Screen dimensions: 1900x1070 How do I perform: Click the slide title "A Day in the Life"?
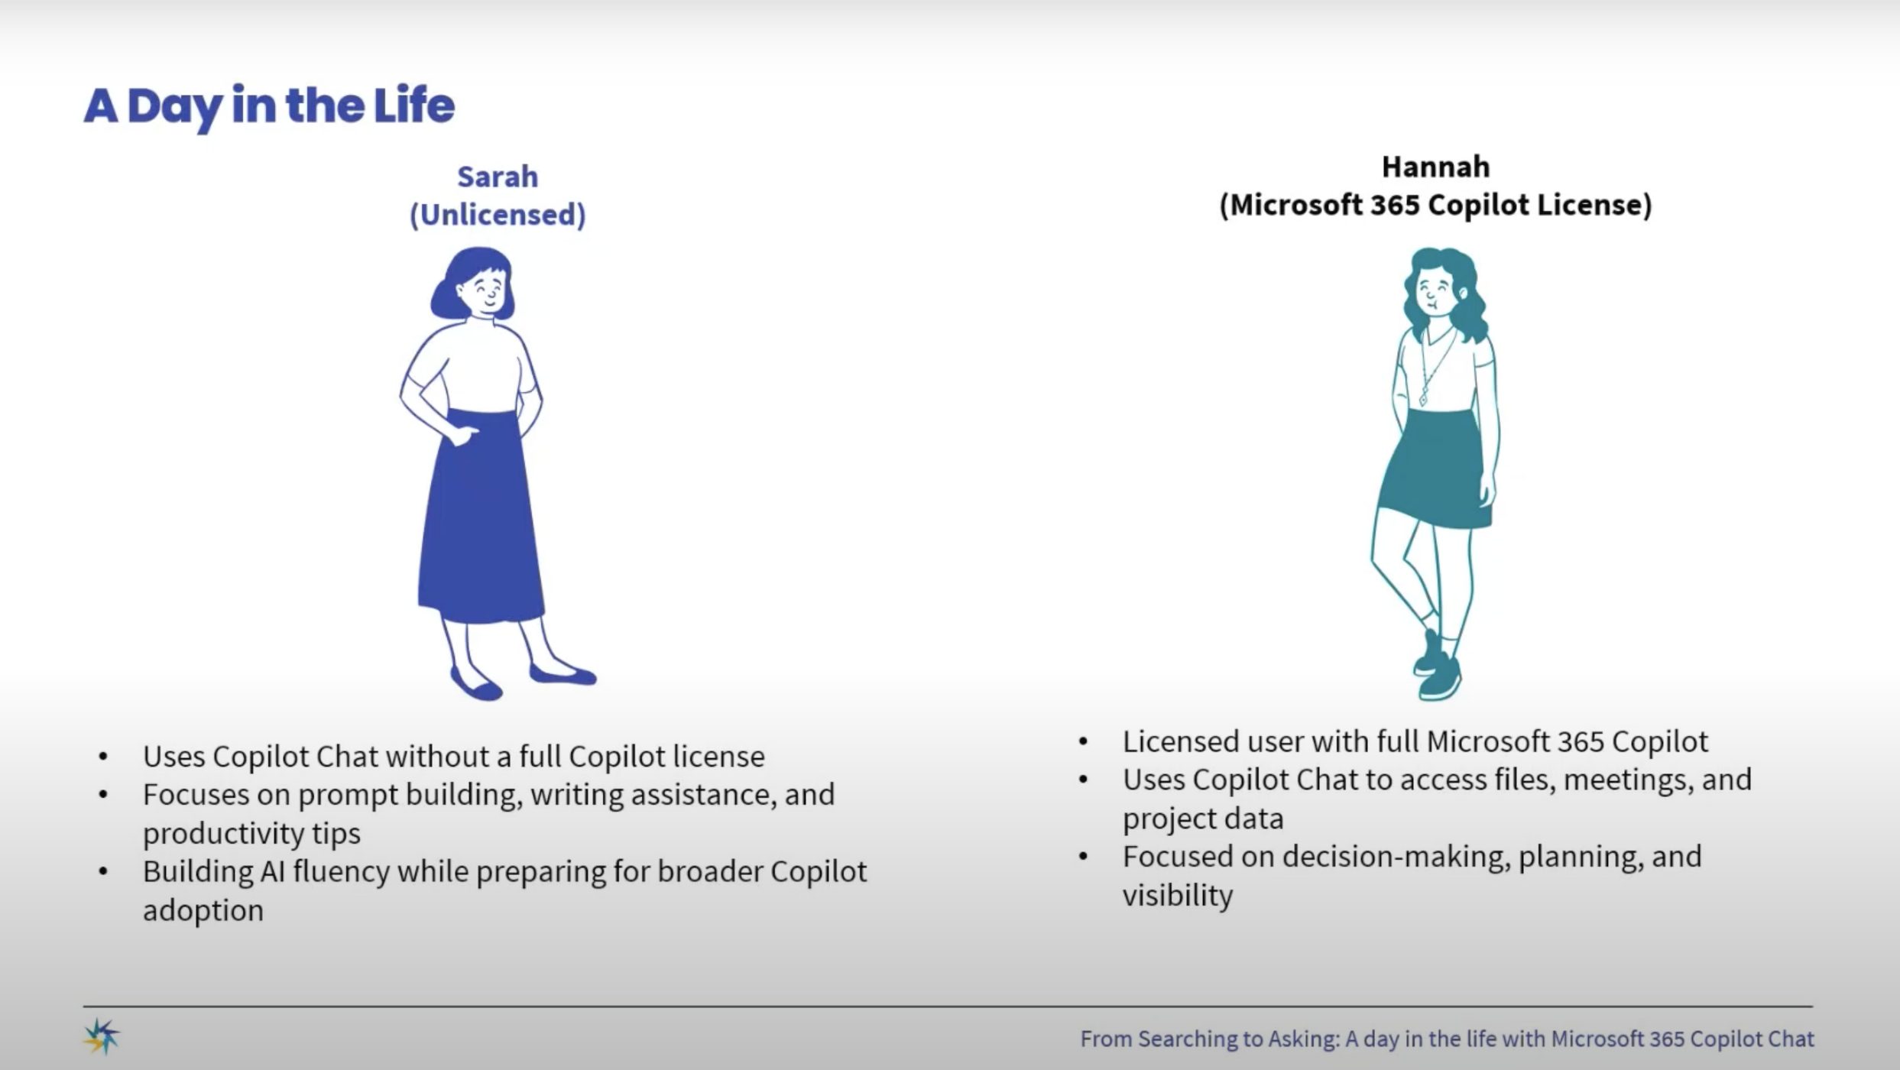coord(269,107)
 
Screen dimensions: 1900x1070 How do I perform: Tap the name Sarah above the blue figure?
coord(498,177)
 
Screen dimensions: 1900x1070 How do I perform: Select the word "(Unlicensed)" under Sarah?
coord(498,215)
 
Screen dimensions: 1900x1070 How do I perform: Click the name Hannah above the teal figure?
coord(1435,167)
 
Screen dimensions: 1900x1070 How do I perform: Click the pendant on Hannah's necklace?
coord(1423,398)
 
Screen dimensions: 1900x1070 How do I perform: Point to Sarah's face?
coord(483,292)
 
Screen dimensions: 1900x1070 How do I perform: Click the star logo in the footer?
coord(102,1037)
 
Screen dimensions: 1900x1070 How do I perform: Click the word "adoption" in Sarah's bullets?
coord(203,910)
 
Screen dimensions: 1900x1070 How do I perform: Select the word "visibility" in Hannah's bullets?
coord(1178,895)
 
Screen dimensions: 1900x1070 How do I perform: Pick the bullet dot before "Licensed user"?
coord(1083,741)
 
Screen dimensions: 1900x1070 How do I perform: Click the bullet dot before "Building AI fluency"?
coord(103,871)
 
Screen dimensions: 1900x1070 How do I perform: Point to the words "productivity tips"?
coord(251,834)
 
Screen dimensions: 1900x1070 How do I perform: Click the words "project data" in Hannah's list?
coord(1203,819)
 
